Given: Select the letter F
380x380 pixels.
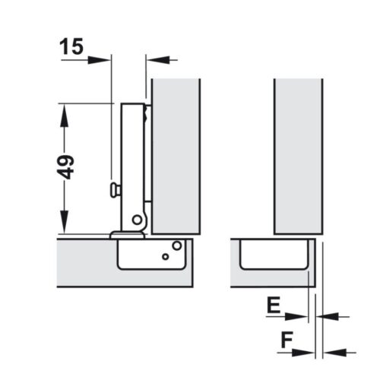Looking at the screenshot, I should click(x=286, y=340).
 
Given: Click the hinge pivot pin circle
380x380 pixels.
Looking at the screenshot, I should click(x=138, y=220).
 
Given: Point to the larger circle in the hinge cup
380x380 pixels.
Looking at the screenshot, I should click(x=176, y=245).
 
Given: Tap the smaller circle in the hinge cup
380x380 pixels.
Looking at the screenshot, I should click(x=164, y=257).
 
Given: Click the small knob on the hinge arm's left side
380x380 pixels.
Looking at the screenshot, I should click(x=115, y=187).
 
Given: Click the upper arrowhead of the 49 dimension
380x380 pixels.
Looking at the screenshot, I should click(x=65, y=110).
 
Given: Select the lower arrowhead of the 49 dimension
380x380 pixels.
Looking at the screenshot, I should click(x=65, y=227).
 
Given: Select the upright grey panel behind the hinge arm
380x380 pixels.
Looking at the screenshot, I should click(x=176, y=152).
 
